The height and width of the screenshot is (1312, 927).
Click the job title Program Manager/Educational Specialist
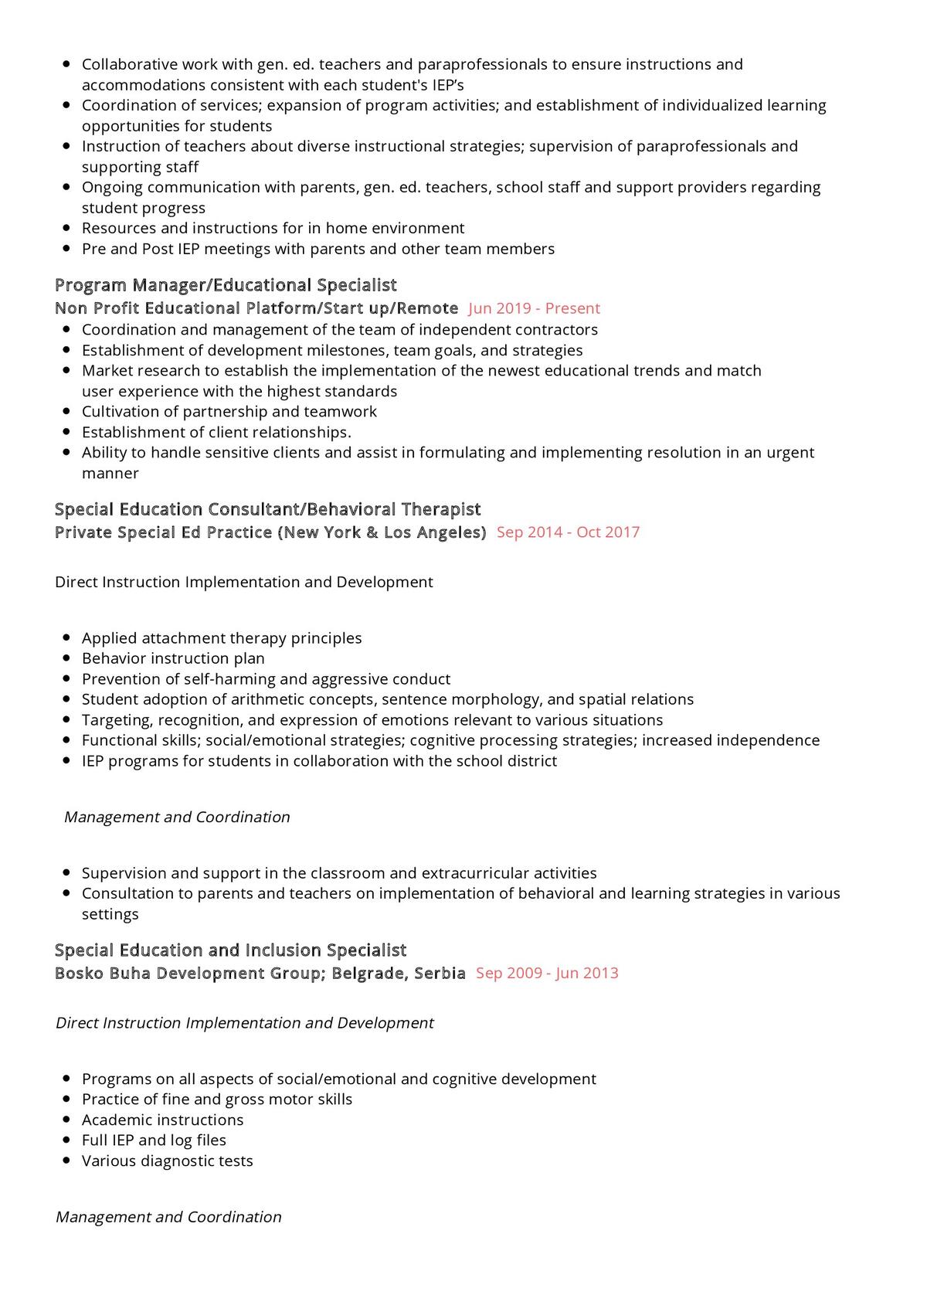[226, 285]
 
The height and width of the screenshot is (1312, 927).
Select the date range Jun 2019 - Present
[534, 308]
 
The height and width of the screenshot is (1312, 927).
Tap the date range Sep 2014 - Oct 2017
[568, 532]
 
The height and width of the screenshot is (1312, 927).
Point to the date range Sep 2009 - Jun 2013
[547, 973]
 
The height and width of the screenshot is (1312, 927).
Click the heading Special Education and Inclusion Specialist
[230, 950]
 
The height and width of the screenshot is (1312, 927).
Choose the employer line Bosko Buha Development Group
[260, 973]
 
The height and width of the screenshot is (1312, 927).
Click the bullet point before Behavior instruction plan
[66, 658]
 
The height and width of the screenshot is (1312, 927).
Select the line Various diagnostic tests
[167, 1161]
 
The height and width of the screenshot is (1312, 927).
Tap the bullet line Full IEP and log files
[154, 1140]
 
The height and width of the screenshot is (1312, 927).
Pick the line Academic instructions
[162, 1120]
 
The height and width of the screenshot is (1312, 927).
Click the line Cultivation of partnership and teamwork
[229, 411]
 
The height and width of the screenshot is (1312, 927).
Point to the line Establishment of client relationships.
[216, 432]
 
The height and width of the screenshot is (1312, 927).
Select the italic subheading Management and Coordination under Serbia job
[168, 1217]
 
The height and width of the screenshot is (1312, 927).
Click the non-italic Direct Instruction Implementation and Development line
[243, 582]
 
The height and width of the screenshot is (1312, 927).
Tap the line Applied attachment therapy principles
[222, 638]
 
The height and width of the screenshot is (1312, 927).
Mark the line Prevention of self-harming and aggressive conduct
[266, 679]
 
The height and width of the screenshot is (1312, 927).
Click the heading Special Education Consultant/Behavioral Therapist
[267, 509]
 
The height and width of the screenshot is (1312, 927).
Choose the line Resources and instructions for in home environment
[273, 228]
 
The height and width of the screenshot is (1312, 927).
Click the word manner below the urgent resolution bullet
[110, 473]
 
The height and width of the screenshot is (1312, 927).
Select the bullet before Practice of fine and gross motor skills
[66, 1100]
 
